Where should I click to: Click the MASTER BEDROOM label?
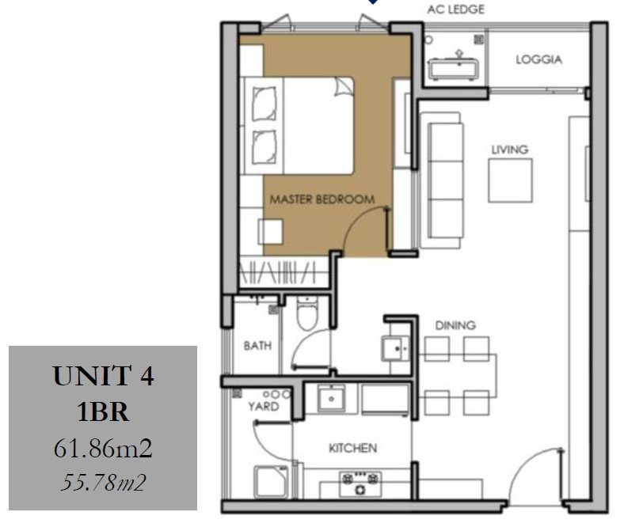coord(322,199)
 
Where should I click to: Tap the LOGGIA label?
coord(538,59)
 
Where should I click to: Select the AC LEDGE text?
coord(455,9)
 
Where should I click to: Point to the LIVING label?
coord(510,150)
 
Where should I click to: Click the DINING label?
coord(455,325)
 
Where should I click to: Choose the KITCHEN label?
coord(352,448)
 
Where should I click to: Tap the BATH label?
coord(257,346)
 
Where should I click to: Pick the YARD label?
coord(264,407)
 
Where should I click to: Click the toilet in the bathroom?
coord(307,313)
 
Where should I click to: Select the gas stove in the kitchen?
coord(360,483)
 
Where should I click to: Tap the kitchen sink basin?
coord(331,398)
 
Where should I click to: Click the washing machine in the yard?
coord(272,482)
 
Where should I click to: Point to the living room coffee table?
coord(510,180)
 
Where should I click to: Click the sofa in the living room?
coord(442,180)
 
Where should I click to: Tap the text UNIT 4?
coord(103,376)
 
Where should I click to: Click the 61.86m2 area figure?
coord(103,449)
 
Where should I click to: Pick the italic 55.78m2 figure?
coord(103,483)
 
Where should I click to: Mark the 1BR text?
coord(103,412)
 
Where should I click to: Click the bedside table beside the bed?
coord(271,232)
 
